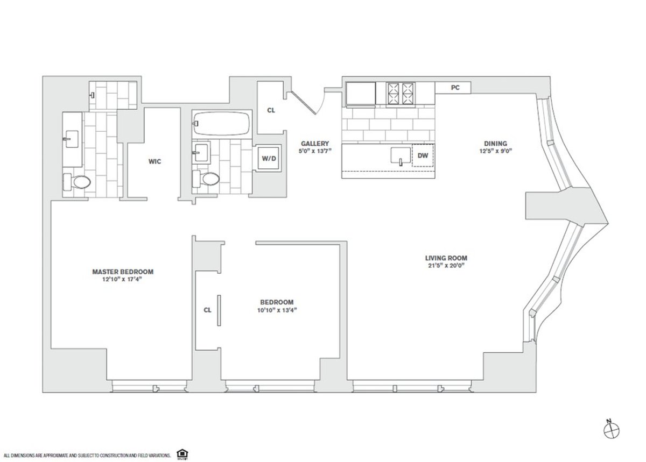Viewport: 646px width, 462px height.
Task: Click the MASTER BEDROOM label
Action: pyautogui.click(x=123, y=272)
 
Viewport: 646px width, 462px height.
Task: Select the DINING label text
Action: pyautogui.click(x=495, y=144)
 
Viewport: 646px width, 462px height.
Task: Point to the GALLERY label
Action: pyautogui.click(x=315, y=144)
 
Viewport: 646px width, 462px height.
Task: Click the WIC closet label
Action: pyautogui.click(x=155, y=161)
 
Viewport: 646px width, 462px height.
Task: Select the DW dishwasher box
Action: pyautogui.click(x=423, y=155)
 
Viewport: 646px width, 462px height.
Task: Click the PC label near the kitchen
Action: pyautogui.click(x=455, y=88)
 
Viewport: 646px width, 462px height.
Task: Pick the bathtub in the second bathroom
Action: pyautogui.click(x=221, y=124)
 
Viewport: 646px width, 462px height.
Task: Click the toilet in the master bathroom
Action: pyautogui.click(x=77, y=182)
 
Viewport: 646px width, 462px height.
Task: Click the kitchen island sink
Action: pyautogui.click(x=400, y=155)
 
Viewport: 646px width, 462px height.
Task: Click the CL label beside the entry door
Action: pyautogui.click(x=271, y=110)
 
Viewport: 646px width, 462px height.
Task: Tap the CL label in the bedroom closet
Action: pyautogui.click(x=207, y=310)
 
